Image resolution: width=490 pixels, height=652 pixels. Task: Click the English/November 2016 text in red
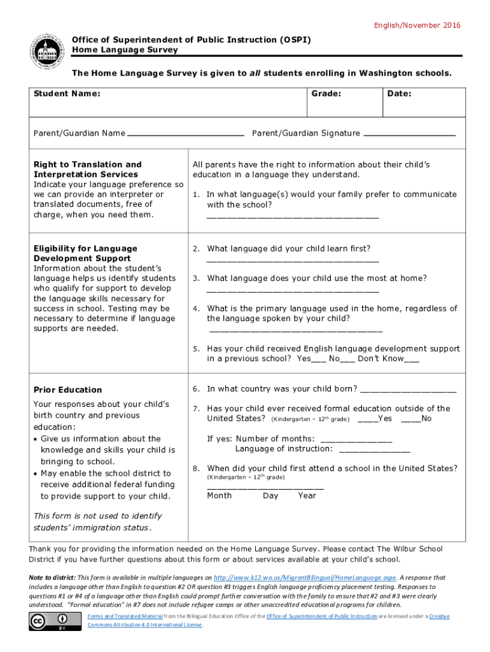tap(417, 25)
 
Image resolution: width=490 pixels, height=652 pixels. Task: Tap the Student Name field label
tap(67, 94)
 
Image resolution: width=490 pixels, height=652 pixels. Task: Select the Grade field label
tap(326, 94)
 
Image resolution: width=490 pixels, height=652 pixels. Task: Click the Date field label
tap(399, 94)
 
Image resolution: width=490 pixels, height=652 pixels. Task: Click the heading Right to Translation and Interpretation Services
tap(87, 169)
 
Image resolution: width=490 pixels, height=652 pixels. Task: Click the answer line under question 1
tap(293, 218)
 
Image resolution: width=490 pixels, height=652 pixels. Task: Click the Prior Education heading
tap(67, 390)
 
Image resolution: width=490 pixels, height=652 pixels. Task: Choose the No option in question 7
tap(412, 419)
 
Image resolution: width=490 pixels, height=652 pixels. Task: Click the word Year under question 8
tap(307, 495)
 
